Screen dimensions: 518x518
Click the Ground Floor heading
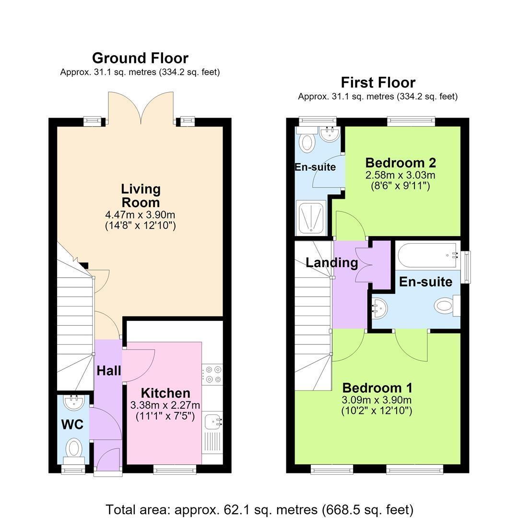pyautogui.click(x=140, y=58)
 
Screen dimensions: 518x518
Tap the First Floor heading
pyautogui.click(x=378, y=82)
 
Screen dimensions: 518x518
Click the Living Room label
pyautogui.click(x=141, y=196)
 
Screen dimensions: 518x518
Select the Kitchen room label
pyautogui.click(x=165, y=393)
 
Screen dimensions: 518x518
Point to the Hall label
pyautogui.click(x=109, y=371)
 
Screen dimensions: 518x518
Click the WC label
pyautogui.click(x=72, y=424)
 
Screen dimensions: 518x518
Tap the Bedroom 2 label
pyautogui.click(x=400, y=163)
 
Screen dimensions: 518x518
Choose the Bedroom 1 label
pyautogui.click(x=377, y=388)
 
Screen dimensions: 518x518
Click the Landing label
pyautogui.click(x=332, y=263)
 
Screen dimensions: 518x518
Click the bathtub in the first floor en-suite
pyautogui.click(x=428, y=255)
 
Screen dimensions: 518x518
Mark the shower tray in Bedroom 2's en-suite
pyautogui.click(x=311, y=218)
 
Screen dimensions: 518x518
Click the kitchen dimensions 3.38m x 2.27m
pyautogui.click(x=165, y=405)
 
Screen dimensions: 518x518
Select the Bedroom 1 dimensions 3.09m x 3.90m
pyautogui.click(x=377, y=400)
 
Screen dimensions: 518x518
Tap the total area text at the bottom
pyautogui.click(x=259, y=510)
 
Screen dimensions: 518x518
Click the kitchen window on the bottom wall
pyautogui.click(x=175, y=470)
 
